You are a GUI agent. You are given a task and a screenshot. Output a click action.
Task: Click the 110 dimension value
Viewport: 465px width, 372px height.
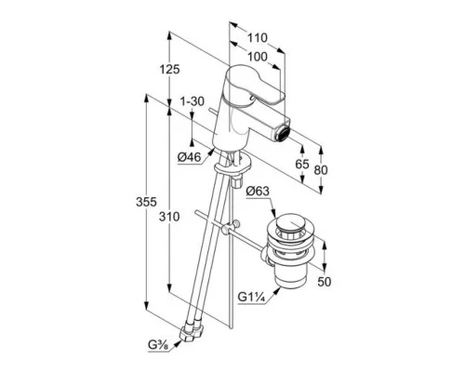pos(257,38)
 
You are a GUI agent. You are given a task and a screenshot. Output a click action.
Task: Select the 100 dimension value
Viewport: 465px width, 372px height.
pos(258,57)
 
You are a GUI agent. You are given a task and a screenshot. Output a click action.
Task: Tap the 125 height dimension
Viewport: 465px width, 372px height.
pos(169,69)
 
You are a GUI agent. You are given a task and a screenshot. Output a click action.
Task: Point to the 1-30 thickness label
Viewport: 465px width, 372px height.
pos(193,101)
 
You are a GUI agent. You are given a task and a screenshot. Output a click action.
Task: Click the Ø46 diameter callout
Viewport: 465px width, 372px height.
pos(189,157)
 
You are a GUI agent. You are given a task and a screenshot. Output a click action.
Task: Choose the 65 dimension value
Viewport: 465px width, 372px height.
pos(302,164)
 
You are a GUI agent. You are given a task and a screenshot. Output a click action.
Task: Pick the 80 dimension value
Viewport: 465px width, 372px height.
pos(321,170)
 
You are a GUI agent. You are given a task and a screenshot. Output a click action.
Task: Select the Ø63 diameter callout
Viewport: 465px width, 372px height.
pos(258,192)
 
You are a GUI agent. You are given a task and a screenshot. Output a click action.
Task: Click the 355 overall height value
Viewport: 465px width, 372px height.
pos(146,202)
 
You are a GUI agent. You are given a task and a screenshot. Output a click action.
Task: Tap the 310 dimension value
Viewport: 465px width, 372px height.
pos(169,217)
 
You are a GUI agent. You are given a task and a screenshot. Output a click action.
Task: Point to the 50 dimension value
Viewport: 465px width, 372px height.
pos(325,282)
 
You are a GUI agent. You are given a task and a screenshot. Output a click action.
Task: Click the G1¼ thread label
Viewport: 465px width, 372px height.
pos(251,297)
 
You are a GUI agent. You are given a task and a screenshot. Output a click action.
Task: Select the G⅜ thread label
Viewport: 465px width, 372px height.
pos(158,345)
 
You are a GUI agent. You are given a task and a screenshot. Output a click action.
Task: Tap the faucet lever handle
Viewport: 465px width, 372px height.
pos(255,85)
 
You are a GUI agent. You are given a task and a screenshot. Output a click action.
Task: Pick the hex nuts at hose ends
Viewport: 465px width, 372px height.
pos(192,332)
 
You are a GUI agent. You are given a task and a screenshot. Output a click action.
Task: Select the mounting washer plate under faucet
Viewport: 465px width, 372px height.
pos(233,166)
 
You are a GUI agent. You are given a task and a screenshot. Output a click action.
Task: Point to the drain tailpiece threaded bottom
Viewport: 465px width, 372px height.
pos(291,277)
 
